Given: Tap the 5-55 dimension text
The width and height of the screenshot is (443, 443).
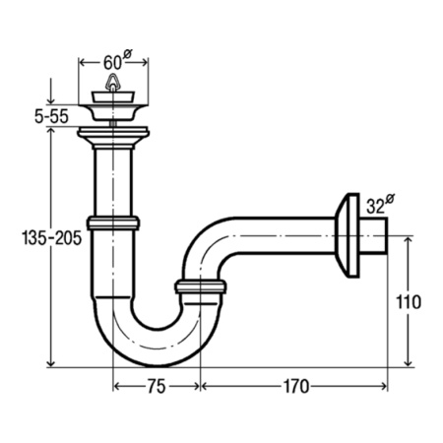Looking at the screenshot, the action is [51, 116].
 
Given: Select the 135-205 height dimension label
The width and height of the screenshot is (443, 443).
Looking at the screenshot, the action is [52, 238].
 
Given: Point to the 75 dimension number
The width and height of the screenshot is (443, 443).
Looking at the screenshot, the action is [157, 386].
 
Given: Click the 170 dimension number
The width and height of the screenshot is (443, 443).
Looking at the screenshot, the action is [296, 386].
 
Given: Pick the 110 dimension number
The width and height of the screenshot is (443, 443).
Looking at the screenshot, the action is [409, 302].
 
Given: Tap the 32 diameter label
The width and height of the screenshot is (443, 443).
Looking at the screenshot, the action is [380, 205].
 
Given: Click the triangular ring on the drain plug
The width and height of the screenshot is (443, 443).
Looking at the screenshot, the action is [112, 82].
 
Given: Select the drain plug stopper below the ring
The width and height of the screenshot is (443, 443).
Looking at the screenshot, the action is [113, 96].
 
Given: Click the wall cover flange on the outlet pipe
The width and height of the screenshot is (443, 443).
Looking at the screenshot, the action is [348, 235].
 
